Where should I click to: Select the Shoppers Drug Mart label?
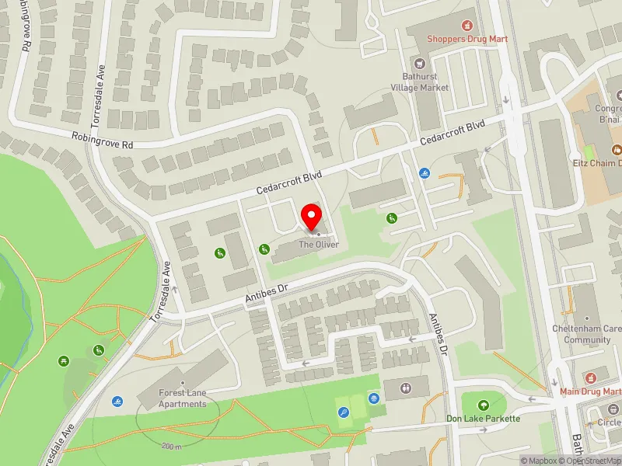[467, 39]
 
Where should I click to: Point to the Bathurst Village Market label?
[425, 82]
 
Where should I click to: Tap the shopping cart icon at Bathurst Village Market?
[420, 63]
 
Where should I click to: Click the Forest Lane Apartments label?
[183, 398]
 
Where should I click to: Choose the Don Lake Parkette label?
[484, 418]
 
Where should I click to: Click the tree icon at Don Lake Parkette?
[483, 405]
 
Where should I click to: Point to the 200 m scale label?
[172, 447]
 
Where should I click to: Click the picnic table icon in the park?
[64, 361]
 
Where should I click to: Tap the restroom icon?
[405, 388]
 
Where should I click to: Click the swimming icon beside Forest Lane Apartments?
[117, 401]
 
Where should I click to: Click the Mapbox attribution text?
[538, 461]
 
